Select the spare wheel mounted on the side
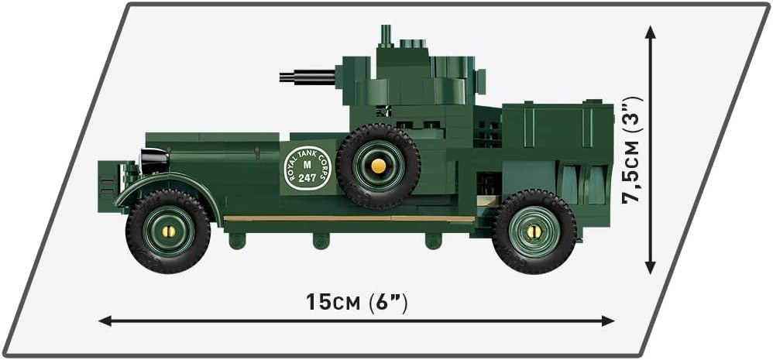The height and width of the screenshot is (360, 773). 378,166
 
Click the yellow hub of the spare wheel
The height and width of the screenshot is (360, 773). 378,166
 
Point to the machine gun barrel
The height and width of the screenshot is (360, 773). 307,77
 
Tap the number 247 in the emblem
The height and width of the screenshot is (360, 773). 307,178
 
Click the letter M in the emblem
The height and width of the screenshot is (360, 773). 307,164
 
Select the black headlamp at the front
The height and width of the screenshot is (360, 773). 154,160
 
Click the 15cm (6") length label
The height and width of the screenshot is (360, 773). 357,302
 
